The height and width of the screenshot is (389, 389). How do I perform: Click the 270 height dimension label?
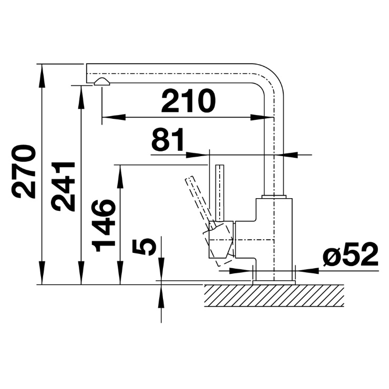click(x=23, y=171)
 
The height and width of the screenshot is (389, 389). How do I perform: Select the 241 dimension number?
click(x=63, y=187)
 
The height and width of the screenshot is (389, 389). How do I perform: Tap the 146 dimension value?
click(x=104, y=225)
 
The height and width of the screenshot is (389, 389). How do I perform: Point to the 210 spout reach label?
click(x=188, y=100)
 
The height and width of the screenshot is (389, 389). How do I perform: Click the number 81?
click(x=168, y=139)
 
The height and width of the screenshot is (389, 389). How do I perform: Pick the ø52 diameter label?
click(x=351, y=254)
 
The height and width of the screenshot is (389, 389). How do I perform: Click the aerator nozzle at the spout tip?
click(x=101, y=81)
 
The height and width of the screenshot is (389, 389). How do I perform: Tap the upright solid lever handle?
click(x=220, y=193)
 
